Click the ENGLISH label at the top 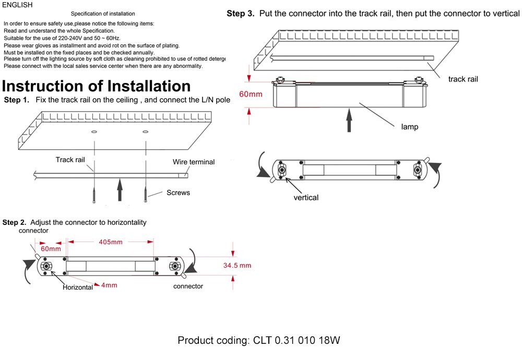pos(17,5)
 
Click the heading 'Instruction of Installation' pos(97,86)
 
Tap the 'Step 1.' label pos(17,100)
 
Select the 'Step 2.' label pos(15,222)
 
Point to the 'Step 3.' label pos(240,14)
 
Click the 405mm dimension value pos(110,242)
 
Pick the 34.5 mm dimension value pos(237,266)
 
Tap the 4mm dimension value pos(109,285)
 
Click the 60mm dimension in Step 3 pos(251,94)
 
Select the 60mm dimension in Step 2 pos(51,249)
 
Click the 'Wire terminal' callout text pos(194,162)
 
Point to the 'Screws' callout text pos(178,193)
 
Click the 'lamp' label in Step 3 pos(409,127)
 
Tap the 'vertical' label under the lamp pos(306,198)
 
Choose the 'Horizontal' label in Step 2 pos(78,287)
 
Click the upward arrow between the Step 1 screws pos(120,189)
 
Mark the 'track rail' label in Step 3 pos(463,79)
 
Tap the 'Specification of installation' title pos(103,14)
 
